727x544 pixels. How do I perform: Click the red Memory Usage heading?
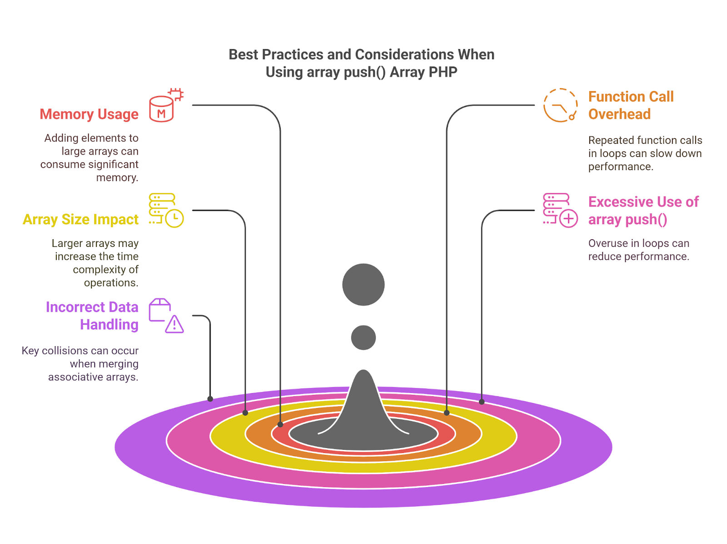[89, 114]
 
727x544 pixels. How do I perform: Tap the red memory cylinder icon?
[166, 105]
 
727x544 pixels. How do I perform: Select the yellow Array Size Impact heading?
[80, 219]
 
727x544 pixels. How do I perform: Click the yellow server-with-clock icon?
[166, 210]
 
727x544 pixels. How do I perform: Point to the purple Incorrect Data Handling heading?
[92, 316]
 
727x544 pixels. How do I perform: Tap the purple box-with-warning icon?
[166, 315]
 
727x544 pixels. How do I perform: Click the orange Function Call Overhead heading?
[631, 105]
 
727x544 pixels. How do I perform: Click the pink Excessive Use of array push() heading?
[643, 211]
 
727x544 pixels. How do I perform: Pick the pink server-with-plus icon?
[560, 210]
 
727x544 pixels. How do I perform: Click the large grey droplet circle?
[363, 284]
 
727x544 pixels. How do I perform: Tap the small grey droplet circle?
[363, 337]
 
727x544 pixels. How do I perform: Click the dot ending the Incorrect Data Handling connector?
[210, 399]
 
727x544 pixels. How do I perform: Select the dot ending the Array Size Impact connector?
[245, 413]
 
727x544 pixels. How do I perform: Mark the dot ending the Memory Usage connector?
[280, 424]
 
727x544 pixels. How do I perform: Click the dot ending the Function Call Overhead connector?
[447, 413]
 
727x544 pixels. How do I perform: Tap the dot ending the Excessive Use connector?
[482, 402]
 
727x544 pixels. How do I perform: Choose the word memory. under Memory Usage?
[117, 178]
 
